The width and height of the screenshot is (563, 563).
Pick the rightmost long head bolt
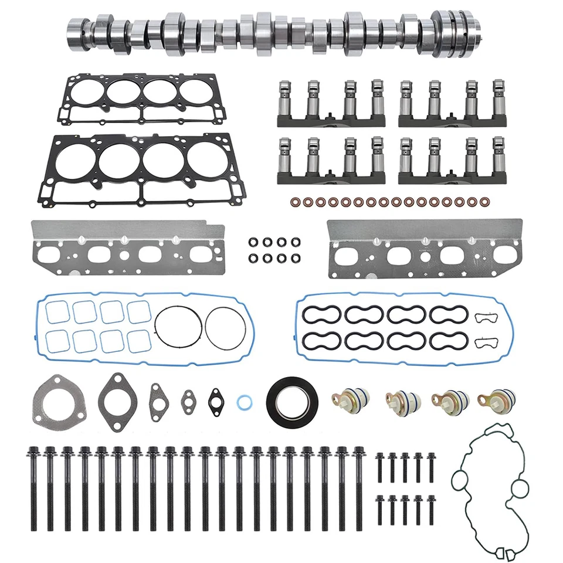(358, 486)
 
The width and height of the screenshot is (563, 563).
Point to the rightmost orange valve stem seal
(484, 202)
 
